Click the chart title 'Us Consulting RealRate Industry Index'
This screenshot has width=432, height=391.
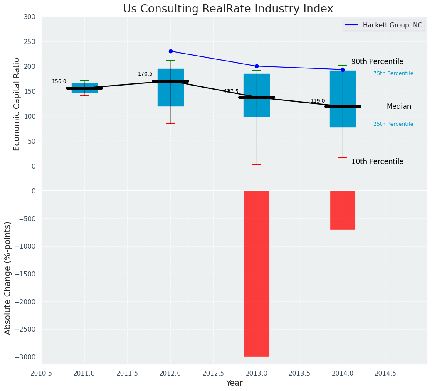coord(228,9)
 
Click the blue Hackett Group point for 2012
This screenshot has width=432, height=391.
coord(170,51)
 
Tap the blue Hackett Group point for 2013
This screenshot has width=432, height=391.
coord(257,66)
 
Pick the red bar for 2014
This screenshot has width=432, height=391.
coord(343,210)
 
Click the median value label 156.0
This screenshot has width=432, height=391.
coord(59,81)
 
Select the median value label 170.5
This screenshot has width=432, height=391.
coord(145,74)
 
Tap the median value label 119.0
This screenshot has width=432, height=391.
coord(318,101)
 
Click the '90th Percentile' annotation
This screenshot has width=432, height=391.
coord(377,62)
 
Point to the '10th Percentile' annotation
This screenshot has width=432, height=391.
coord(377,162)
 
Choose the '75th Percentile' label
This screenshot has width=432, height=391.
coord(393,73)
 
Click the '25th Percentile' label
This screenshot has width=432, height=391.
coord(393,124)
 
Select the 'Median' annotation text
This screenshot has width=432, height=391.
coord(399,107)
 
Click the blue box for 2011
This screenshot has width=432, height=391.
coord(84,85)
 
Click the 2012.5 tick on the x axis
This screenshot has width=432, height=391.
coord(213,373)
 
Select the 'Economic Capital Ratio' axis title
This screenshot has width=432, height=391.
coord(17,104)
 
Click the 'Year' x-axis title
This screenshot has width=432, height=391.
coord(234,383)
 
